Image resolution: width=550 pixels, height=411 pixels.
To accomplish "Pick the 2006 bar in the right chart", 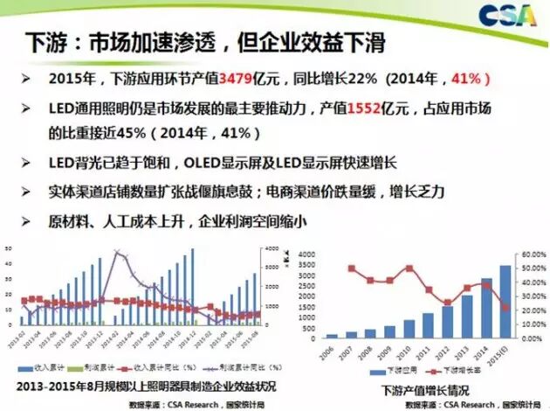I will [x=332, y=336].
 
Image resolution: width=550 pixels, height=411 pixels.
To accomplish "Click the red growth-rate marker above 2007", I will [x=350, y=268].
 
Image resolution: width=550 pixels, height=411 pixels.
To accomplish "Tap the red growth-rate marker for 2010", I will [x=409, y=268].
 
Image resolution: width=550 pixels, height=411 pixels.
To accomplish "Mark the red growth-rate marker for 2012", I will [x=448, y=303].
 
